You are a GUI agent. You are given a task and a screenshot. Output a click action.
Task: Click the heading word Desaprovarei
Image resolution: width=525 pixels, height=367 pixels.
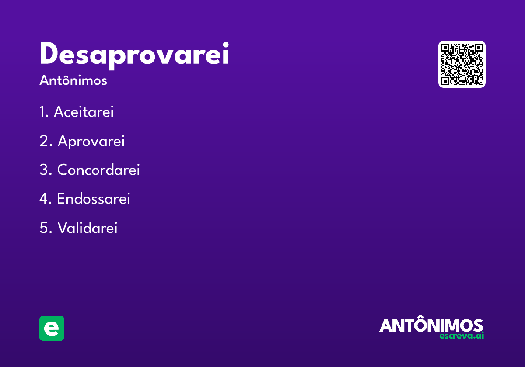(x=134, y=55)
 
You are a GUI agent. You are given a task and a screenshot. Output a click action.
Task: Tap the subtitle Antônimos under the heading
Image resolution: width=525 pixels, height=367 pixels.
(x=73, y=81)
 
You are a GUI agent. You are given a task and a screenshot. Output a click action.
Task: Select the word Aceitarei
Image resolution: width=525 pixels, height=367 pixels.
(x=84, y=112)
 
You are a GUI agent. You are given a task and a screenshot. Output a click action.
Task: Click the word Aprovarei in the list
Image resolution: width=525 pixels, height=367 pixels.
(x=91, y=142)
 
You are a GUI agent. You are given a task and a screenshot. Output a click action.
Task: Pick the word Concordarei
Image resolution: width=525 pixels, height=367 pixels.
(x=98, y=170)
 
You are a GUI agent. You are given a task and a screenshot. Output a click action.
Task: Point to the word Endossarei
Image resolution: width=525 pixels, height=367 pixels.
(x=93, y=199)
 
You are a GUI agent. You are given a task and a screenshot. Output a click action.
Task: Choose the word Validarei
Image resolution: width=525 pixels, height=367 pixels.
(x=87, y=228)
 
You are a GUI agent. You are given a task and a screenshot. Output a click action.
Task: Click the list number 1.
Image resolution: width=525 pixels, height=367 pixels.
(x=42, y=112)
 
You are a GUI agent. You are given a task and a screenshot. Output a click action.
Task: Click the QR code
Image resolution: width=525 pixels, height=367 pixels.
(x=462, y=64)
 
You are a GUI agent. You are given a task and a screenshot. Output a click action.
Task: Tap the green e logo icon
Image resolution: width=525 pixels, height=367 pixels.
(x=52, y=328)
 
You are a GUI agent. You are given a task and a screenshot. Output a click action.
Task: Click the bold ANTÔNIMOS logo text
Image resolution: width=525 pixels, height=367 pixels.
(x=431, y=325)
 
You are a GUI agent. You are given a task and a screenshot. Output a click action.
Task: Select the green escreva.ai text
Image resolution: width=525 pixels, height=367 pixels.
(x=462, y=336)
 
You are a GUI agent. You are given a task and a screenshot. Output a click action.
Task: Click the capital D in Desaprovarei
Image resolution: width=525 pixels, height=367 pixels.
(x=49, y=55)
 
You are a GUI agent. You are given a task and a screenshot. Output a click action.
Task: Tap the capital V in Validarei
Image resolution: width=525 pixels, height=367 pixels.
(x=63, y=228)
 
